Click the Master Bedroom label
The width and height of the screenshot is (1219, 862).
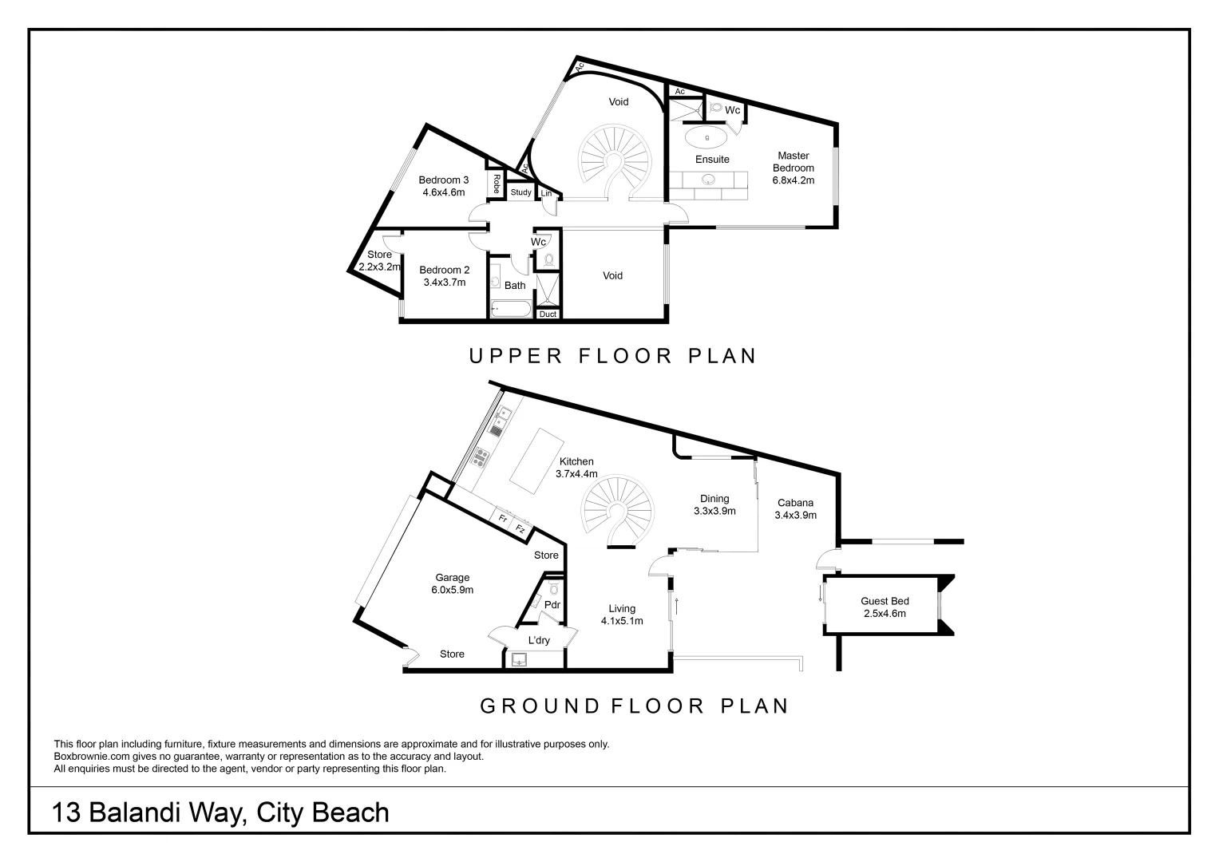[x=793, y=161]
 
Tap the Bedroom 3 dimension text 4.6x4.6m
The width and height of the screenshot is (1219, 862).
[x=444, y=192]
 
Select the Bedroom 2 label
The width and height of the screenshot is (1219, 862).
[x=444, y=270]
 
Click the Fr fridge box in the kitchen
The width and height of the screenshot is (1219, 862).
[x=503, y=519]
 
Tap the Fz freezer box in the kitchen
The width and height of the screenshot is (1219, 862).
[x=520, y=528]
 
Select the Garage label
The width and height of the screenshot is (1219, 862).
[x=452, y=577]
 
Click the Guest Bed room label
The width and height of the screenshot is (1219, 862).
[x=885, y=601]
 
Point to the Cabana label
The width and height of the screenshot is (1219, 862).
[x=795, y=503]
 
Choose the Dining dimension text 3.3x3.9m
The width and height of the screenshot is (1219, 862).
[x=714, y=512]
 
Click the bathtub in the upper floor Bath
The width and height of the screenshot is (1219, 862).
[x=510, y=308]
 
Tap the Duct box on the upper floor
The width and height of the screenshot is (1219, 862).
[x=548, y=314]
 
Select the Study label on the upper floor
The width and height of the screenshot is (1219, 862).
[x=520, y=192]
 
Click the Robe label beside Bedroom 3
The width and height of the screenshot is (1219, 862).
[x=496, y=184]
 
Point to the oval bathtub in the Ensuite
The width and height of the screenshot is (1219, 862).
[x=707, y=137]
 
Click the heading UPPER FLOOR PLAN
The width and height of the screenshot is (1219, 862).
[x=612, y=356]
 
